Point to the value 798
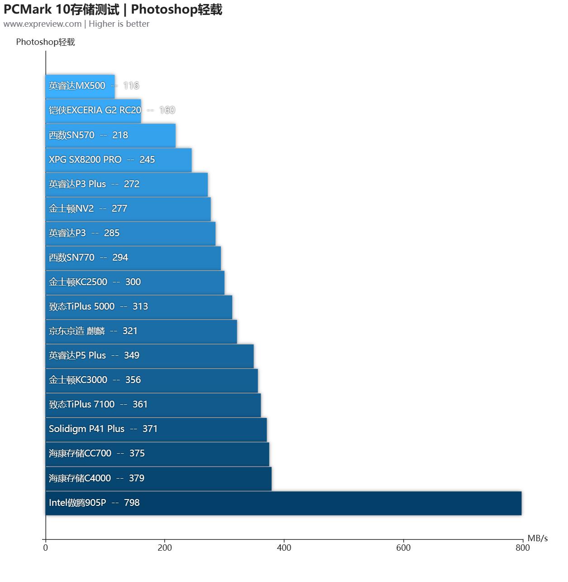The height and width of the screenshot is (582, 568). pos(132,503)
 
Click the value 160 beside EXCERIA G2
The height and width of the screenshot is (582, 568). pos(167,110)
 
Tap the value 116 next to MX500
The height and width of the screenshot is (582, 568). pos(131,86)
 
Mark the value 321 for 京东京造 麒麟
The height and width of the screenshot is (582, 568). pos(130,331)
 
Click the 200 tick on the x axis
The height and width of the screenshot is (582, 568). pos(165,548)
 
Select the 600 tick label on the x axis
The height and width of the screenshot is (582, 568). pos(403,548)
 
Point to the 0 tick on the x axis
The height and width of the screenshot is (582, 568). pos(45,548)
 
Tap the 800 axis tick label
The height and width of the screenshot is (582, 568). pos(522,548)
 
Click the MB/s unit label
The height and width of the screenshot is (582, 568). pos(538,538)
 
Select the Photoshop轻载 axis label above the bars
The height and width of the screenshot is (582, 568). pos(45,42)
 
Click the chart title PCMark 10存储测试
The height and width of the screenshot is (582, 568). pos(62,9)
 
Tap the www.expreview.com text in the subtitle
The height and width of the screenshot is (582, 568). pos(43,24)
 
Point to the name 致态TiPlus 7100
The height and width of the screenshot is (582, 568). pos(81,404)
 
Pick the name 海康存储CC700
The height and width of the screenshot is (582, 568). pos(80,453)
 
